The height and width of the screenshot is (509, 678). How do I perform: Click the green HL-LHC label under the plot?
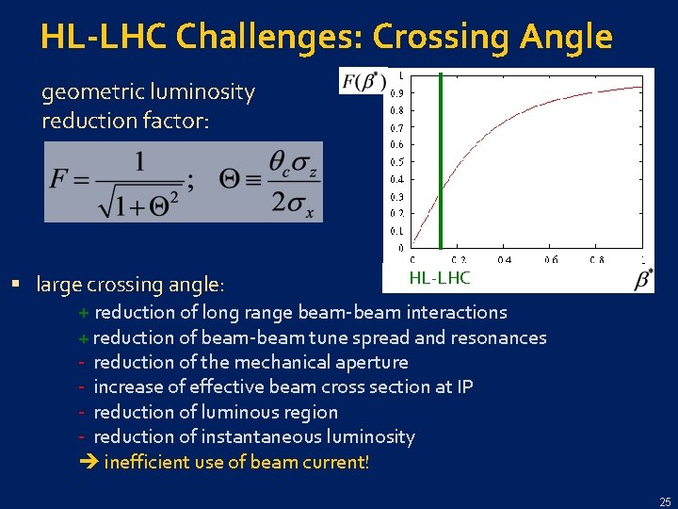point(439,278)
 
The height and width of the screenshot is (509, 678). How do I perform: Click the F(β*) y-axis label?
point(363,82)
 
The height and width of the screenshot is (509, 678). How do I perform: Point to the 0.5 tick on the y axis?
point(397,162)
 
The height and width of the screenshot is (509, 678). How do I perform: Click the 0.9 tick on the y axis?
point(397,92)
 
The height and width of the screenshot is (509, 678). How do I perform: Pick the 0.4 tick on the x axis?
point(505,260)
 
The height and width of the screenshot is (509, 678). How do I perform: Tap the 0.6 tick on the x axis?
point(551,260)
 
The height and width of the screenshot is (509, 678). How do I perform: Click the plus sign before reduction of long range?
point(84,312)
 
